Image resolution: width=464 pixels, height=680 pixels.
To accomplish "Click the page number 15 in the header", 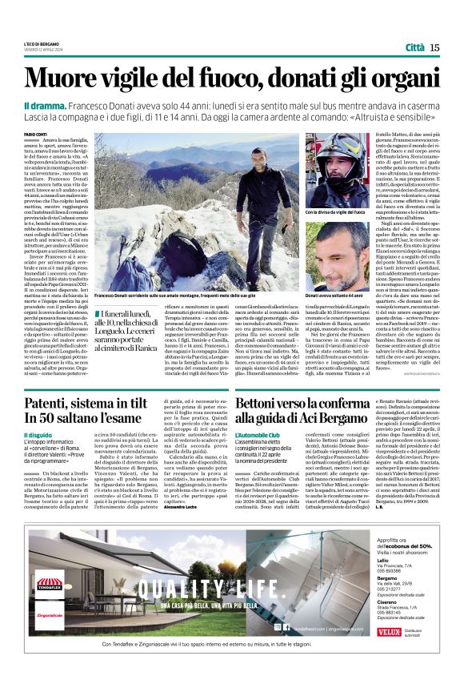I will (x=434, y=47).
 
